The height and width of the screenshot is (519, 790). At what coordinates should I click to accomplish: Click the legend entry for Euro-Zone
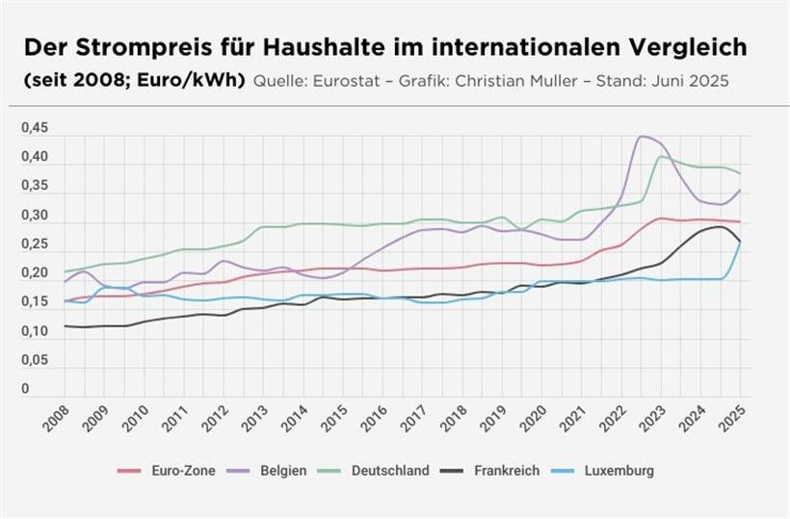[x=175, y=471]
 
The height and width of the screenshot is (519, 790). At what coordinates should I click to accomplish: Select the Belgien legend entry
[x=285, y=471]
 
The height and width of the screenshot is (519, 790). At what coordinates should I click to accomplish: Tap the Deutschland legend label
[x=389, y=471]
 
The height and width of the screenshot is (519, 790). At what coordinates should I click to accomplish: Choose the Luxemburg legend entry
[x=619, y=471]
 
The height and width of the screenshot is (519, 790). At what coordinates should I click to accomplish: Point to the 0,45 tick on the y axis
[x=35, y=129]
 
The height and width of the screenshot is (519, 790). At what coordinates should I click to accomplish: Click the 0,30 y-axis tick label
[x=35, y=216]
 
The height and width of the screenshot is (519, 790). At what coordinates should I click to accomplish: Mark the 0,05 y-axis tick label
[x=35, y=361]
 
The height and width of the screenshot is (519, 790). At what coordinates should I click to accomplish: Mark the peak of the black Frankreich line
[x=718, y=226]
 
